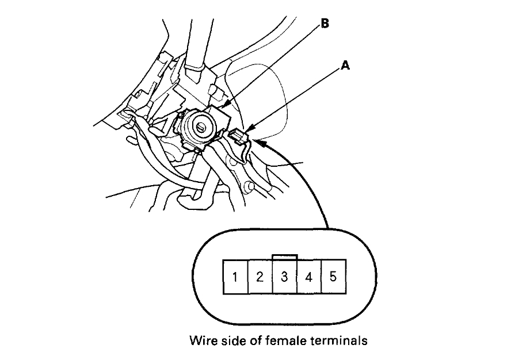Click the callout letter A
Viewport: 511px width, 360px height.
tap(346, 66)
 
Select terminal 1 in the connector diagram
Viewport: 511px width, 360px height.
tap(235, 277)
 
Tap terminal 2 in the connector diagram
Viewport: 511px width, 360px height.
tap(260, 277)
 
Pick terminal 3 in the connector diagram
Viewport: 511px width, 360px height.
tap(284, 277)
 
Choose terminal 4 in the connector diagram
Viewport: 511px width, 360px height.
tap(308, 277)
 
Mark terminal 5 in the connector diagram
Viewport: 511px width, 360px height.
tap(333, 277)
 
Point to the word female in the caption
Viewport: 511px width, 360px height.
tap(281, 341)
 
